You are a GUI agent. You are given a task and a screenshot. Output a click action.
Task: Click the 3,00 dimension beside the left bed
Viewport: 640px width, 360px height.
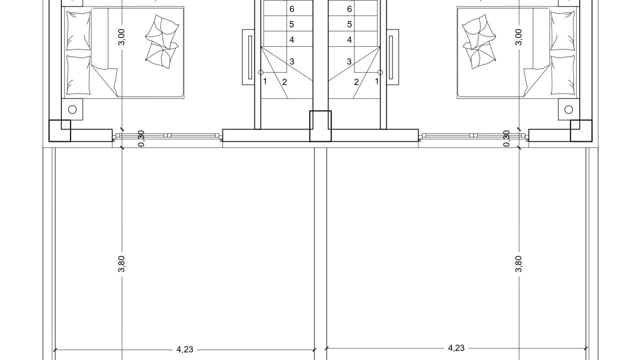[121, 37]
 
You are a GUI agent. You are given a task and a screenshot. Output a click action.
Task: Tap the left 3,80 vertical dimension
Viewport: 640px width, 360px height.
[121, 263]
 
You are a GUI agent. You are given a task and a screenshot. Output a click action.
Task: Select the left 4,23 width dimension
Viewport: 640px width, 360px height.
[185, 349]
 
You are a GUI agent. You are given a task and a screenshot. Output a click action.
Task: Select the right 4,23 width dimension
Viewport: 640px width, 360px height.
[456, 348]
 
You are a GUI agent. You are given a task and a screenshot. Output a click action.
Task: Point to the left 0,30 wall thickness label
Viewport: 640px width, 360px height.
[141, 138]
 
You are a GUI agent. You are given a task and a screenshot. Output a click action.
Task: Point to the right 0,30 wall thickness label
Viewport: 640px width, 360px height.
[506, 138]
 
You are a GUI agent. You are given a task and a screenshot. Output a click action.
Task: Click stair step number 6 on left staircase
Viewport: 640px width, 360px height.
[291, 9]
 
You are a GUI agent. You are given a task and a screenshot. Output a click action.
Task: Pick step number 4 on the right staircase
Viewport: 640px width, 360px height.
[349, 39]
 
